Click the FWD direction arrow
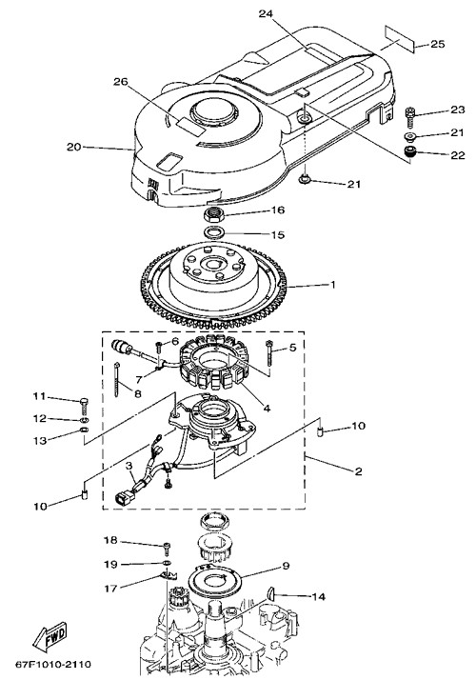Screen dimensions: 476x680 [50, 636]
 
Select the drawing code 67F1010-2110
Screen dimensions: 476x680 [53, 665]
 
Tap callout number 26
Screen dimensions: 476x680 [121, 82]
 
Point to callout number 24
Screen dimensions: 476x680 [266, 14]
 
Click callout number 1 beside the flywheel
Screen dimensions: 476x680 [333, 285]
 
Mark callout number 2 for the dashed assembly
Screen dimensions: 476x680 [358, 471]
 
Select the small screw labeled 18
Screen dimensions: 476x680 [168, 549]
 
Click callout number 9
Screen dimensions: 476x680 [286, 566]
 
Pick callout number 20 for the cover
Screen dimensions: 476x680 [74, 147]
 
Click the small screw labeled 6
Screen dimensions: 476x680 [160, 346]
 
